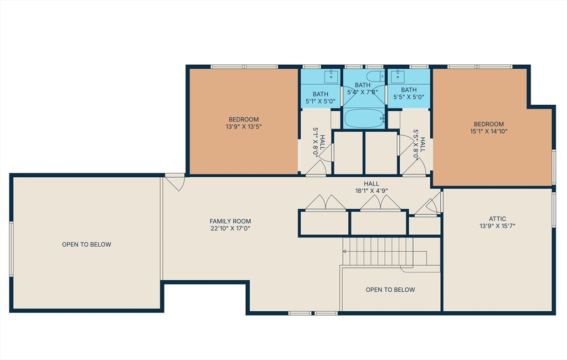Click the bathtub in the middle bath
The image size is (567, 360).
tap(364, 119)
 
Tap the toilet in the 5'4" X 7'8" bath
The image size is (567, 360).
tap(375, 76)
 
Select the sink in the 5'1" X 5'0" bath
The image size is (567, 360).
tap(331, 76)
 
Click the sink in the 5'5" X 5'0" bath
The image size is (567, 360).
tap(398, 76)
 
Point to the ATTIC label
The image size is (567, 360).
tap(497, 219)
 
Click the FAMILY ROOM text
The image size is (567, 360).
tap(230, 221)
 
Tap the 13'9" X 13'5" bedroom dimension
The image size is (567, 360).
tap(244, 127)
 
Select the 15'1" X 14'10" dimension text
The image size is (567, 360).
tap(488, 131)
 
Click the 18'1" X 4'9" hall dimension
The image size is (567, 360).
tap(372, 191)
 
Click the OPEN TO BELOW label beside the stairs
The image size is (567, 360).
tap(390, 290)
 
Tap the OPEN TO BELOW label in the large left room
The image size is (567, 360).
tap(86, 244)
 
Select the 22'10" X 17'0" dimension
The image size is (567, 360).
tap(230, 228)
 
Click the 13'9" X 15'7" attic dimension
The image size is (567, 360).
tap(497, 226)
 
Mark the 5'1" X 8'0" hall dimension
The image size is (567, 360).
tap(315, 142)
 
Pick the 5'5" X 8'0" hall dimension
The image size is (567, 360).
tap(416, 145)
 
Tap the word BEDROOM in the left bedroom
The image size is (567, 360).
tap(244, 120)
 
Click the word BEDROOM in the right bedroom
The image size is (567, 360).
tap(488, 124)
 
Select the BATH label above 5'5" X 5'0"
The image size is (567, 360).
tap(409, 90)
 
